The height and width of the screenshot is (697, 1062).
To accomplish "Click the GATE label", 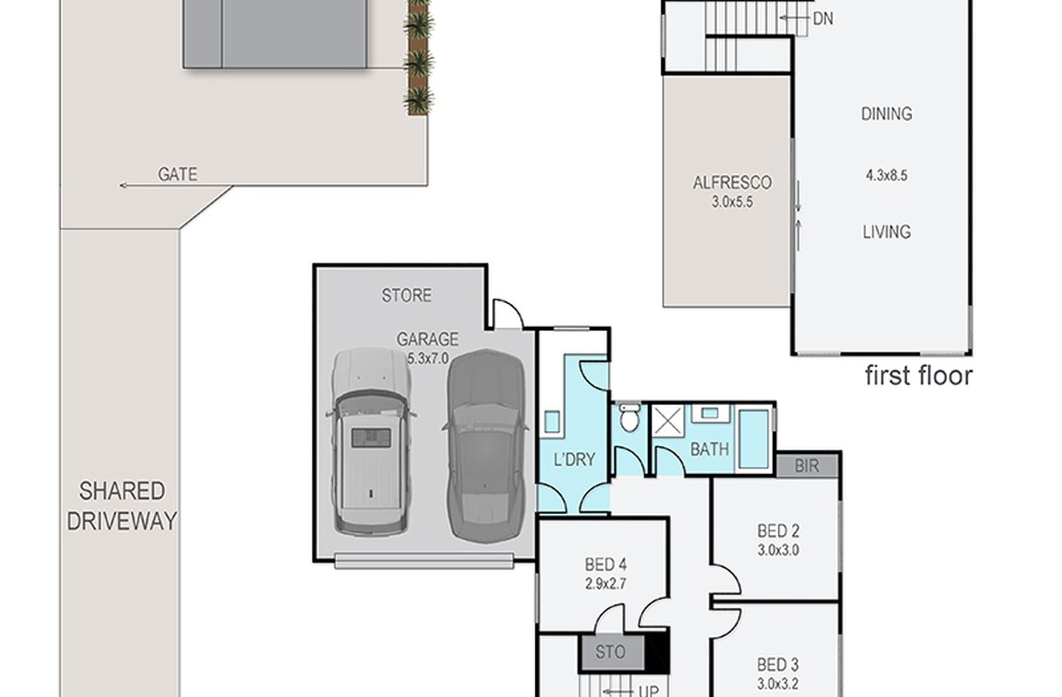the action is coord(178,174).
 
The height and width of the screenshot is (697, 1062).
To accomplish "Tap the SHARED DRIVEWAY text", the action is coord(122,506).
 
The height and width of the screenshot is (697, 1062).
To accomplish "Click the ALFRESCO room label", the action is coord(732,183).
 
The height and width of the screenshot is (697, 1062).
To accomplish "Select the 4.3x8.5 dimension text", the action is coord(887,176).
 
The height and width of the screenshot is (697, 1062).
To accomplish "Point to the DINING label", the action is coord(887,114).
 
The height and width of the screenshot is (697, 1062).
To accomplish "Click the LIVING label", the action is coord(887,232).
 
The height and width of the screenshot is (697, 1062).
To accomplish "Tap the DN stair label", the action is coord(823,19).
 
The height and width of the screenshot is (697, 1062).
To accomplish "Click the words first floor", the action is coord(919,376).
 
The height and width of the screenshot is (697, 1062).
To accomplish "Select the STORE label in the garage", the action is coord(406,295).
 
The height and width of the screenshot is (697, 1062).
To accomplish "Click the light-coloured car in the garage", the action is coord(371,443).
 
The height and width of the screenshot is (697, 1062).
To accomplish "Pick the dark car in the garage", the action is coord(486,446).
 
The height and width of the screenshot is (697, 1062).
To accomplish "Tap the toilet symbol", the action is coord(630,417).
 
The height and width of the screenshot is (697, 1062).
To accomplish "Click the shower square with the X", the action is coord(667,420).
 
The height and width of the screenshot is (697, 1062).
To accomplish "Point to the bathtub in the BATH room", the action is coord(754,439).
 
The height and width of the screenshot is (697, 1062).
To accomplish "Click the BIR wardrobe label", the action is coord(807,466).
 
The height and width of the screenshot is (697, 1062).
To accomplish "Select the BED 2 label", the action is coord(778,531).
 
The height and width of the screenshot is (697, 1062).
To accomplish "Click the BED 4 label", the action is coord(605,565).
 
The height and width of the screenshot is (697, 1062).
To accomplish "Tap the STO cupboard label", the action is coord(610,652).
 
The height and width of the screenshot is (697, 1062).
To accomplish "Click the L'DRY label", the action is coord(574,459).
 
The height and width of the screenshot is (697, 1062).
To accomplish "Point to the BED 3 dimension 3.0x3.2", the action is coord(778,684).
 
